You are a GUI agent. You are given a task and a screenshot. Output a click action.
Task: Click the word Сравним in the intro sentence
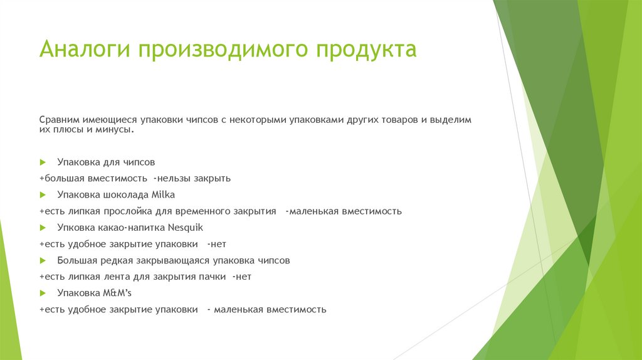tap(60, 119)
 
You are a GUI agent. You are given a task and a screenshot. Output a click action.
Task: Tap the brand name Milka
tap(162, 194)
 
